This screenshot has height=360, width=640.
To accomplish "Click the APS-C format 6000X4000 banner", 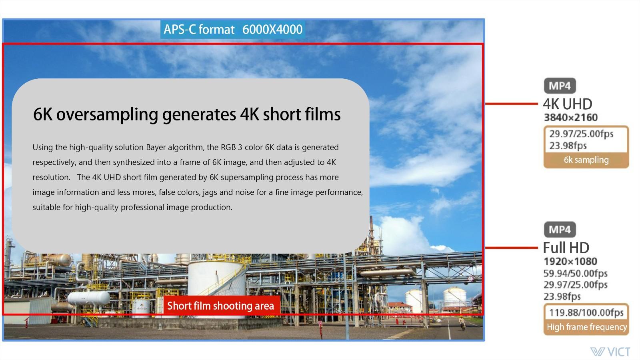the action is tap(233, 29).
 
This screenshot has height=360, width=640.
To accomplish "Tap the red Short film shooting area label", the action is tap(220, 306).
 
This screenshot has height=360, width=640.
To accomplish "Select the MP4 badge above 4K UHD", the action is tap(560, 86).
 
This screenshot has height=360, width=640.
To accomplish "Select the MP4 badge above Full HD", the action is tap(560, 230).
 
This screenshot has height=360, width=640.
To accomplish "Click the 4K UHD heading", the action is tap(568, 104).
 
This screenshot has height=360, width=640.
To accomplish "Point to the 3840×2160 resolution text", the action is tap(570, 118).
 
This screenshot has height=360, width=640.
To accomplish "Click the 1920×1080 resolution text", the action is tap(570, 262).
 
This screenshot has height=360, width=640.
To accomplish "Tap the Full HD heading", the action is tap(566, 248).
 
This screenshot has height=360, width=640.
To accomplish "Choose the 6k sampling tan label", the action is tap(586, 160).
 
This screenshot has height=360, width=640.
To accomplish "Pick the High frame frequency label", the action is tap(586, 327).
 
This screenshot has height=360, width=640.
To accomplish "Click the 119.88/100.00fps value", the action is tap(586, 312).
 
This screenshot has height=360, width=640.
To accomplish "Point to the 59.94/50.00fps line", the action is tap(576, 274).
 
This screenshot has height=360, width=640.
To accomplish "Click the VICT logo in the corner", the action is tap(610, 352).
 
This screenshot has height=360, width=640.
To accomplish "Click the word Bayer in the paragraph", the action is tap(156, 148).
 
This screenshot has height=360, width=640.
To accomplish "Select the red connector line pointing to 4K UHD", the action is tap(512, 104).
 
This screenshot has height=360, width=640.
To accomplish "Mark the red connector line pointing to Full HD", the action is tap(512, 248).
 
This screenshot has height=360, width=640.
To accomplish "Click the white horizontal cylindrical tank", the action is tap(88, 298).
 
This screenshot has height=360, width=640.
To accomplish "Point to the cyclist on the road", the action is tap(462, 323).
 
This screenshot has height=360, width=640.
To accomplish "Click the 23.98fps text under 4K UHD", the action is tap(568, 146).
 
